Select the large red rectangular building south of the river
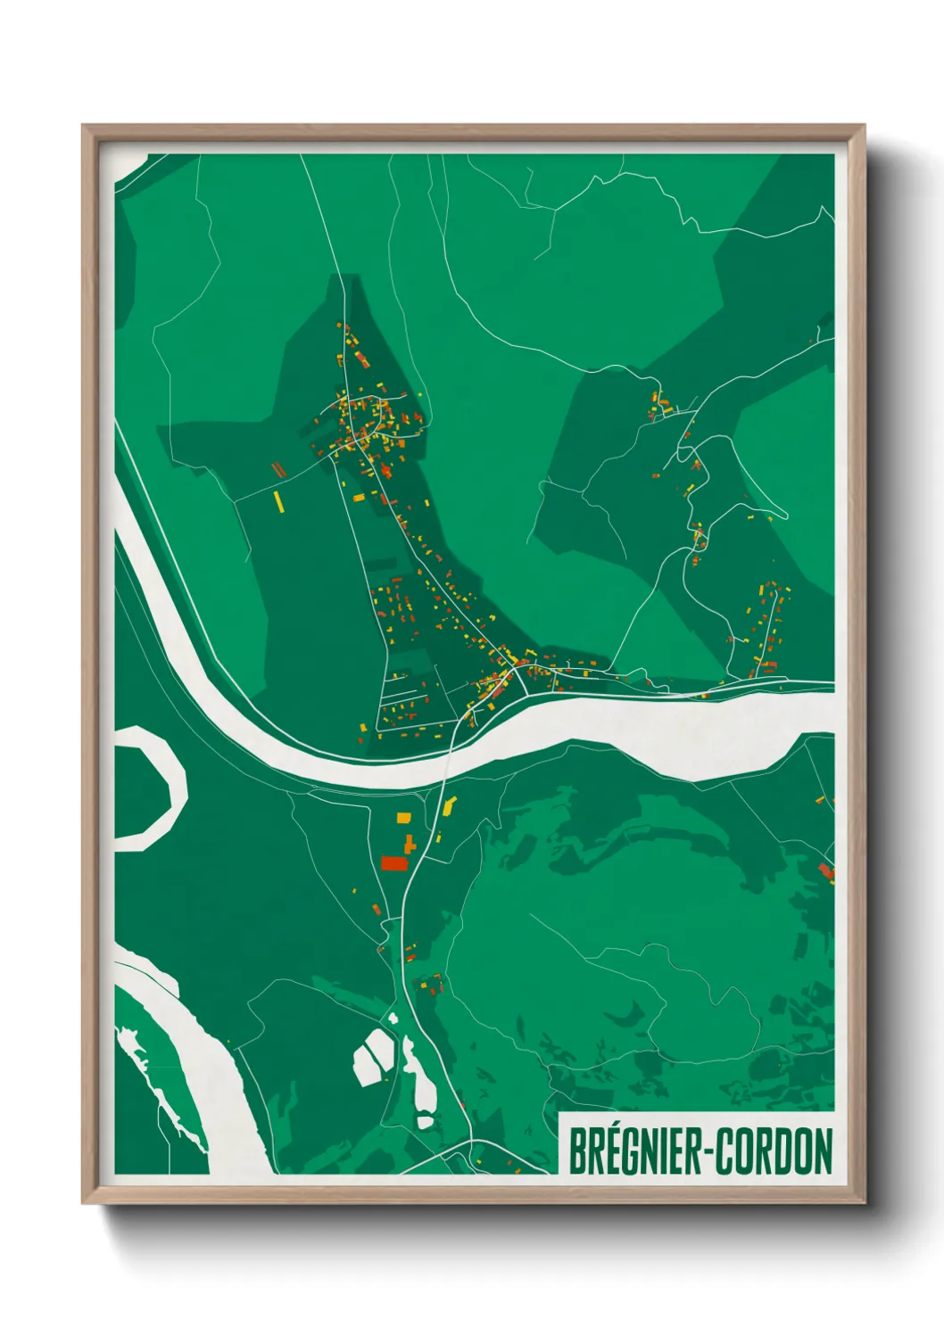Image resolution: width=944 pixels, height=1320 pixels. (393, 862)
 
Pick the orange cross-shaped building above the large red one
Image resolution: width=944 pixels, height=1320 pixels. (410, 843)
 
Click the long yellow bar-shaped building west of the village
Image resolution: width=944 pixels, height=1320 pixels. (278, 501)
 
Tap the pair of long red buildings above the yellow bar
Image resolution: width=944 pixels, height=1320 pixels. (277, 468)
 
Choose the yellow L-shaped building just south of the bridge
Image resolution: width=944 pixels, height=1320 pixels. (448, 807)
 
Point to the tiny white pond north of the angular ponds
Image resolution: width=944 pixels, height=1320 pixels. (392, 1017)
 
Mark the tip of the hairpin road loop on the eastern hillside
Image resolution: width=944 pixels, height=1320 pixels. (785, 515)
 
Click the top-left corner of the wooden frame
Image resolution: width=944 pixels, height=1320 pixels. (84, 127)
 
